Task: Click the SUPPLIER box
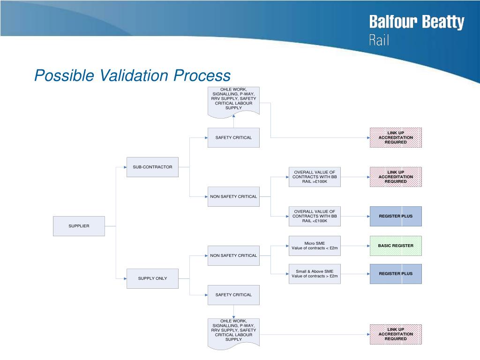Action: [x=79, y=226]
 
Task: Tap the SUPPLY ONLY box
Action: [x=152, y=278]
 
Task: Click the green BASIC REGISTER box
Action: [x=396, y=246]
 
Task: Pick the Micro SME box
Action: [x=315, y=246]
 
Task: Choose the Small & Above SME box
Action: [x=315, y=274]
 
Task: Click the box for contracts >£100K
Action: [x=315, y=177]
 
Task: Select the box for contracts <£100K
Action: [x=315, y=216]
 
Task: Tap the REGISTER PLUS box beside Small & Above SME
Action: [x=396, y=274]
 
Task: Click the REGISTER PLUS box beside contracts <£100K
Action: [x=396, y=216]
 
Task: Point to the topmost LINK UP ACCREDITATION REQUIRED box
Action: [x=396, y=137]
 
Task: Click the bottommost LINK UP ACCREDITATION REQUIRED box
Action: [x=396, y=334]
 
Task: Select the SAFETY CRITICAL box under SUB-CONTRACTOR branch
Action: [x=233, y=137]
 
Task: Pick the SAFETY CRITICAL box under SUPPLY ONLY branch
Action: [x=233, y=295]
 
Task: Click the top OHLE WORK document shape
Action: [x=233, y=100]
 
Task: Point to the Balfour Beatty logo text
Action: [x=417, y=22]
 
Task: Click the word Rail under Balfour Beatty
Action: [x=379, y=40]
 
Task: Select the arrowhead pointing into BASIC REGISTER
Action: [x=368, y=246]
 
